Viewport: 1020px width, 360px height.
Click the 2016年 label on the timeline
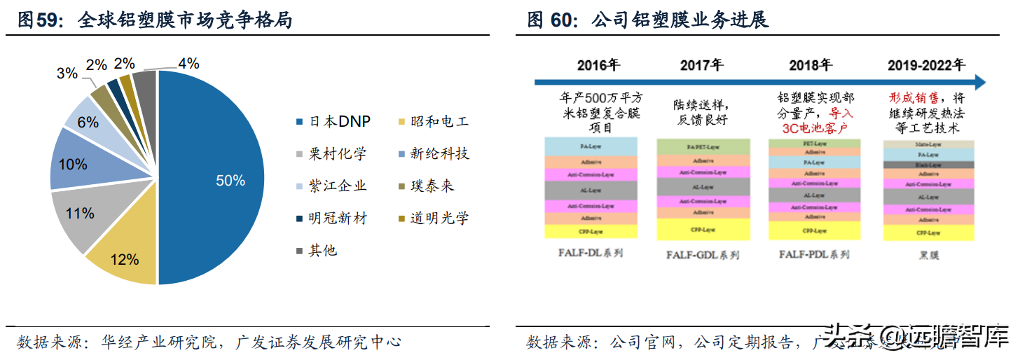(x=599, y=65)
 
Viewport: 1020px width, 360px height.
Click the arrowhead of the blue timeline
(x=980, y=82)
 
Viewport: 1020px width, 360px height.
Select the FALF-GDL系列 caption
(x=703, y=256)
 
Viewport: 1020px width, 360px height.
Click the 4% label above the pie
(x=188, y=64)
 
